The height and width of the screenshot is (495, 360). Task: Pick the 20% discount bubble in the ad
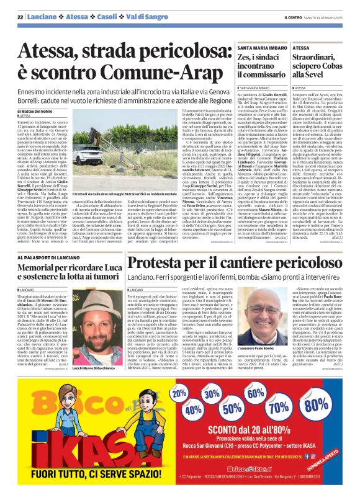point(179,393)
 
